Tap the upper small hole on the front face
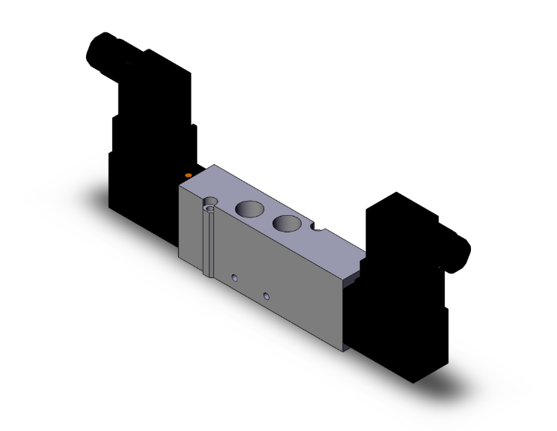[x=235, y=278]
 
